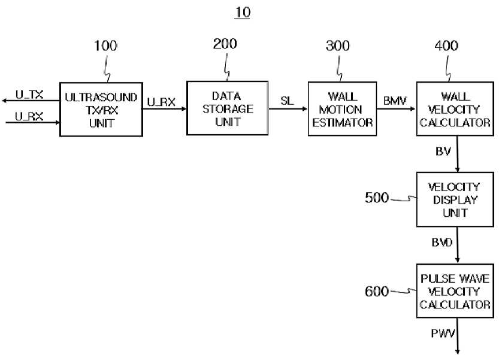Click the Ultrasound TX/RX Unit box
101,110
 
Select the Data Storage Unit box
227,108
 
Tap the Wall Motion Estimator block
342,109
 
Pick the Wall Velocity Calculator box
455,109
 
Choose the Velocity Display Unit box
455,199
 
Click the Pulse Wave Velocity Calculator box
455,291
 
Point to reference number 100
105,46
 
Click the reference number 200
225,44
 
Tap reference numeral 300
337,46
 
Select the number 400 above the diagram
446,46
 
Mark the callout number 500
377,198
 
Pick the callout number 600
377,291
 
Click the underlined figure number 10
243,13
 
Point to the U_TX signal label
29,95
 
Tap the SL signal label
287,101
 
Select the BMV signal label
395,101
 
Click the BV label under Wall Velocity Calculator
443,152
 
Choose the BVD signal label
442,242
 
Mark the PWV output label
443,334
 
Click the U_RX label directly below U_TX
29,116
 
